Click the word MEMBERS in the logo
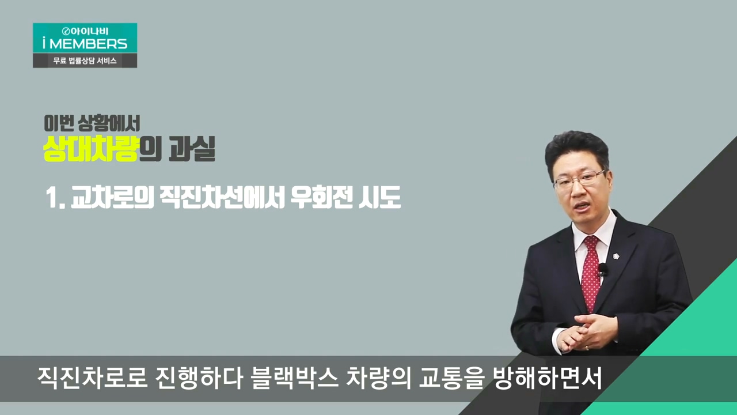click(88, 44)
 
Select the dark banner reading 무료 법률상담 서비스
click(85, 61)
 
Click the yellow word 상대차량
click(90, 149)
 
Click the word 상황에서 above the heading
click(109, 123)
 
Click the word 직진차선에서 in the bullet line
click(222, 197)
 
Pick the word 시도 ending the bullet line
click(379, 197)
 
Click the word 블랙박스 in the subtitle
click(294, 378)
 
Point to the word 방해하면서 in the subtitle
click(548, 378)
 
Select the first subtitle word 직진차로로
click(92, 378)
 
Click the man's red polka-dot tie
click(591, 273)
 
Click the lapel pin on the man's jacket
click(616, 255)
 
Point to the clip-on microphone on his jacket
click(603, 271)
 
